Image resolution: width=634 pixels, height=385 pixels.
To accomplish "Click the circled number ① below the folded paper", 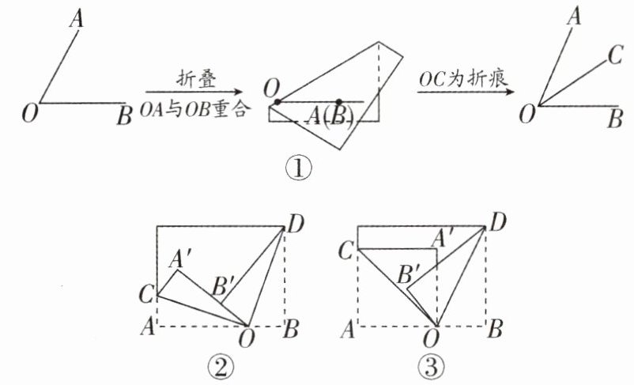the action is [301, 168].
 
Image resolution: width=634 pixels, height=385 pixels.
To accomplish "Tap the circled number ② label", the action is [219, 365].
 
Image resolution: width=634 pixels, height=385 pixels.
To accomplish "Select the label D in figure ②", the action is [295, 225].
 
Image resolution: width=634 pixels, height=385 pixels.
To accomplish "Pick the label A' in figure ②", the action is [184, 259].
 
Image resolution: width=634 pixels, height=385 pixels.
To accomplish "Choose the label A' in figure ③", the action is [443, 236].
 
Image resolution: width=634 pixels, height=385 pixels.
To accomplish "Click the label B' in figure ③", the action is [409, 274].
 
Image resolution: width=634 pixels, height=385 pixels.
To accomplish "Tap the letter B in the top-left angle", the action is [123, 118].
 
